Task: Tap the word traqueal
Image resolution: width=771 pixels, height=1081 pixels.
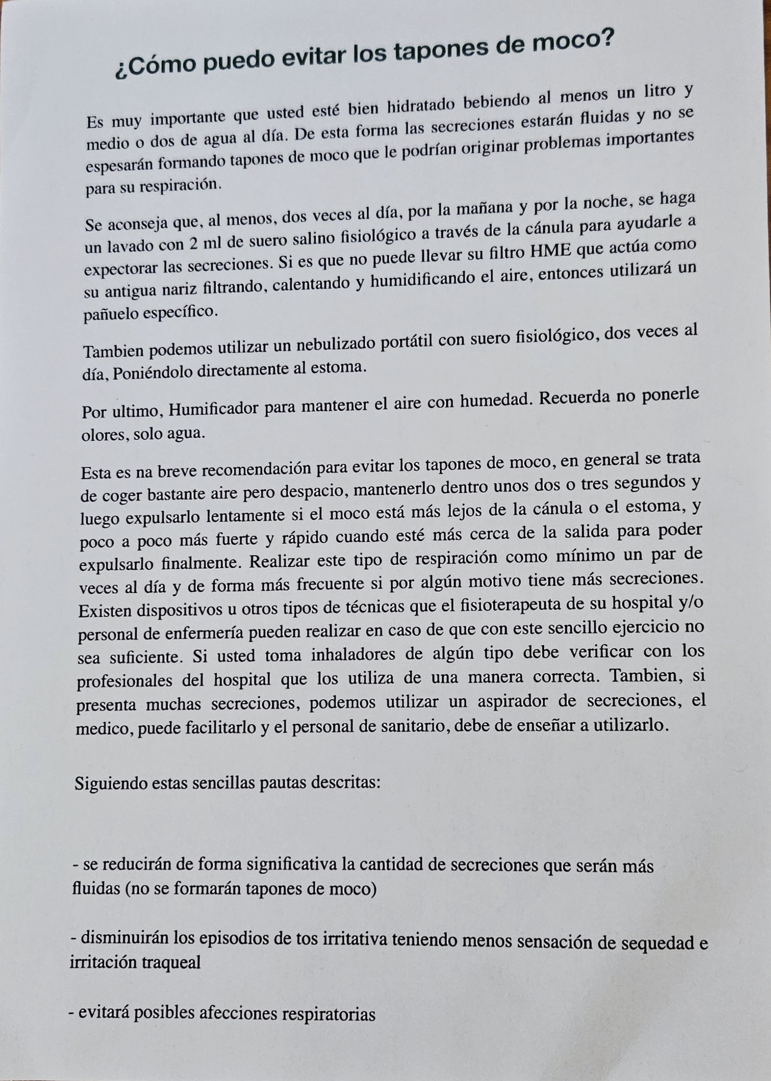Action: coord(171,962)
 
